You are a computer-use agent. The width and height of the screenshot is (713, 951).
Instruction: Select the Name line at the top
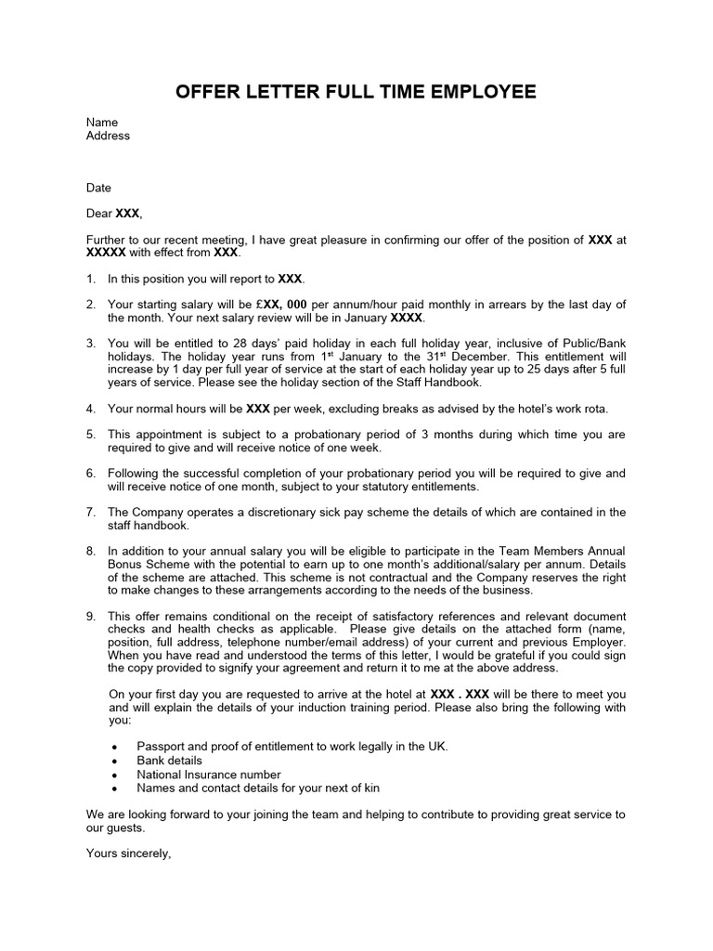102,122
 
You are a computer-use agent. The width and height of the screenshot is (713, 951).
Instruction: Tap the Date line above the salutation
98,188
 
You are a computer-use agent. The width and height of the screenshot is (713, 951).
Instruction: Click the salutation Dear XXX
113,214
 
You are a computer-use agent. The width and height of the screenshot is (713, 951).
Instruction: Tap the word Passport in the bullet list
161,747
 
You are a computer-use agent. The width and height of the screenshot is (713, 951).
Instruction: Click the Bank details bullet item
169,761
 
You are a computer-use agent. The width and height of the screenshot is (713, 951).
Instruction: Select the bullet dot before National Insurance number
113,775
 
